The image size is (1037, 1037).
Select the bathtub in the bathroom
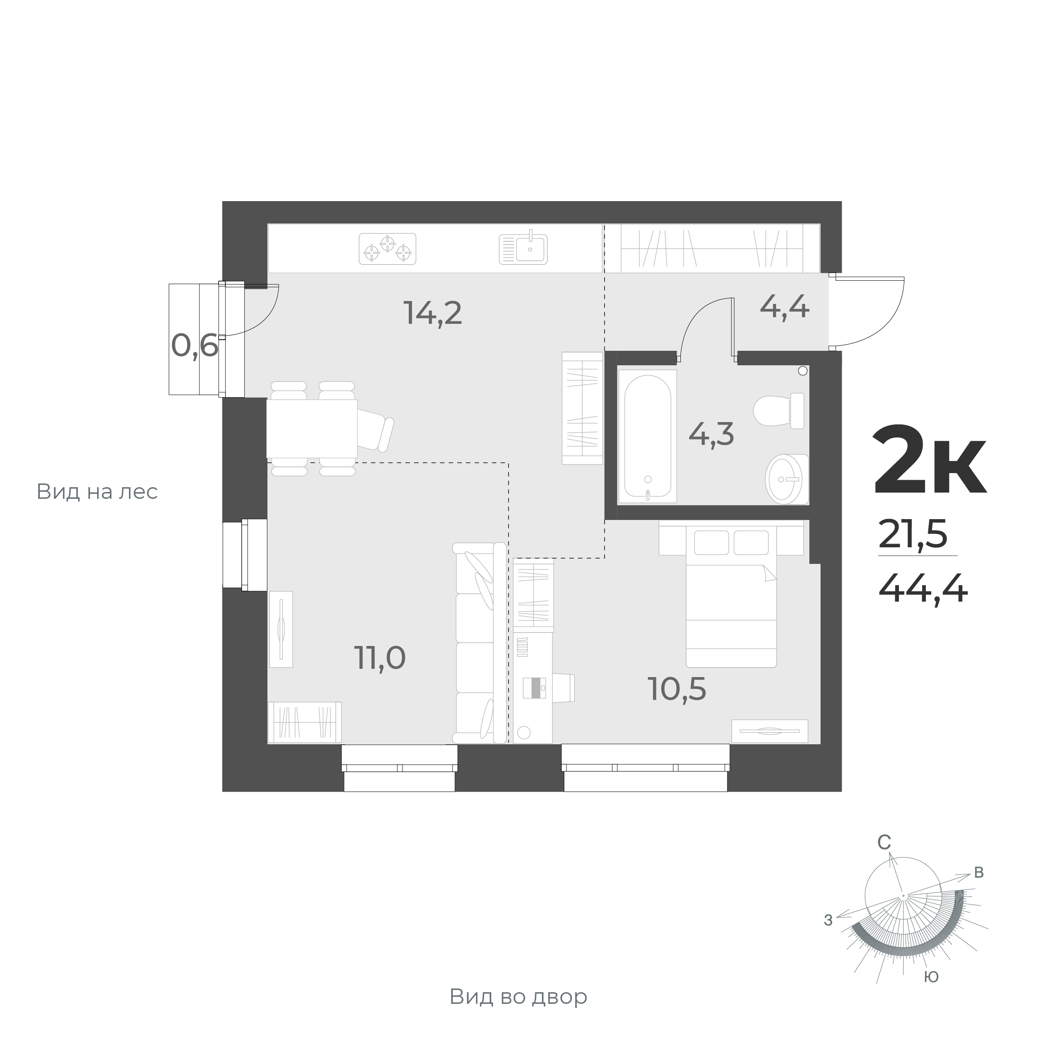pos(647,436)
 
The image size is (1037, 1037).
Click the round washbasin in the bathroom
pos(786,479)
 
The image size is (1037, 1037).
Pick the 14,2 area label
pos(432,313)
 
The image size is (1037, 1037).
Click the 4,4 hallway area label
pos(784,308)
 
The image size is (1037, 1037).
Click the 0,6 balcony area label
pos(194,346)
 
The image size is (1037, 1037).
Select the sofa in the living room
pos(479,643)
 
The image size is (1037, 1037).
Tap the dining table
pos(312,428)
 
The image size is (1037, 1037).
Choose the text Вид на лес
pos(97,492)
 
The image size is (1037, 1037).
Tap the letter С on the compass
pos(884,858)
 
